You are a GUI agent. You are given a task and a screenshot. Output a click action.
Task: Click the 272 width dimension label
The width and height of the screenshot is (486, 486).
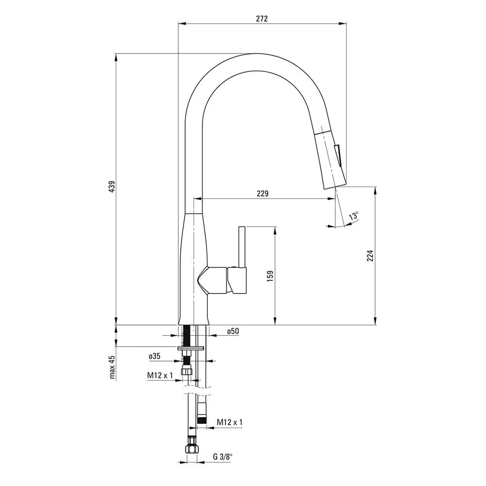coord(262,18)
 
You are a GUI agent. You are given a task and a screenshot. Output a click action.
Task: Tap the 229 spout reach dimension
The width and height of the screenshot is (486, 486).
coord(262,193)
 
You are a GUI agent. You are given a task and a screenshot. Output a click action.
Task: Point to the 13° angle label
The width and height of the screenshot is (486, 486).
coord(354,216)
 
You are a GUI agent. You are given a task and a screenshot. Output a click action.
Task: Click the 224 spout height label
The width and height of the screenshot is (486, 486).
coord(370,256)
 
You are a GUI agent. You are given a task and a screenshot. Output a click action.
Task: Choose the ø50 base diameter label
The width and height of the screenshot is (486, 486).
coord(233,331)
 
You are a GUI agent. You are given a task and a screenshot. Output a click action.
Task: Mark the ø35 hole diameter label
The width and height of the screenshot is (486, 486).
coord(155,356)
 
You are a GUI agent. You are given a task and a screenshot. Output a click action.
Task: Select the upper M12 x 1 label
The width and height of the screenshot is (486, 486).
coord(160,375)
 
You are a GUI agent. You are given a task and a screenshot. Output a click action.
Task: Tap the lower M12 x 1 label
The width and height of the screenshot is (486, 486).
coord(230,422)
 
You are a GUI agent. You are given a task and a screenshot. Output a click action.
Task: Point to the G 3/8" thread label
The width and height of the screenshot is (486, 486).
coord(223,456)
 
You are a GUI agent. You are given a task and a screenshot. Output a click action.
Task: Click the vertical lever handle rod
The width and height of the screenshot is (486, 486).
coord(242,247)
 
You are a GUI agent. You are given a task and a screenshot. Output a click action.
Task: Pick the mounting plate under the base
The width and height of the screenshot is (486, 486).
coord(191,348)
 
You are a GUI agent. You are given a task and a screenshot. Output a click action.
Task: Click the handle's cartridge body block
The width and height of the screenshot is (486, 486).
coord(237,280)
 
